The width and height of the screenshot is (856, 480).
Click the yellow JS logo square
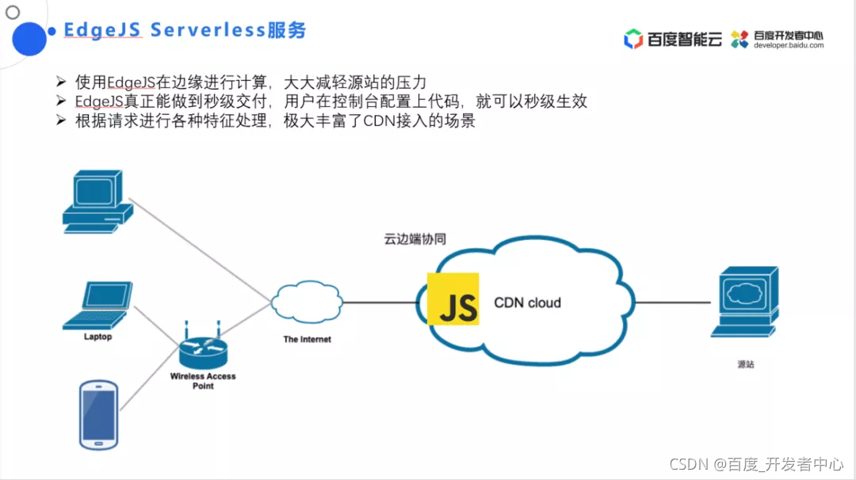(453, 299)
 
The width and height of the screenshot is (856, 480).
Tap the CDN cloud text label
(527, 303)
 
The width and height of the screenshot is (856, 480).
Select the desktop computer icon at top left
(98, 201)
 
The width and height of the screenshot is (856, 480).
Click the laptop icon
(97, 306)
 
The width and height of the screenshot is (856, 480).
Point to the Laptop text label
(97, 337)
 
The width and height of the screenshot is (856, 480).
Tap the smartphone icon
(99, 414)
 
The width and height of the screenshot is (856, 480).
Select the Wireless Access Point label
(203, 381)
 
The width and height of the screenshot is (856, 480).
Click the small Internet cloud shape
(307, 302)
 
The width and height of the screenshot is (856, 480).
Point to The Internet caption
(307, 339)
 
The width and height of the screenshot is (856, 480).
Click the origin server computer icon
(745, 302)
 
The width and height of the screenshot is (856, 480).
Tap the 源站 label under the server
(746, 364)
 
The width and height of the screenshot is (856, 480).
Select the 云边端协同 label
(415, 239)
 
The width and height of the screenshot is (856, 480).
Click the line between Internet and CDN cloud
(380, 303)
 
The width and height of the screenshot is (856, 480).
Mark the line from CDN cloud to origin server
(673, 303)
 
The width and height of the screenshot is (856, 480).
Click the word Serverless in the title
(208, 30)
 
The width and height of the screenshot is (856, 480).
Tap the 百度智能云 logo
(673, 39)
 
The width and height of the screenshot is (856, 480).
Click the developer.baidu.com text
(789, 46)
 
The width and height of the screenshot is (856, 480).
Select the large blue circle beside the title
(29, 39)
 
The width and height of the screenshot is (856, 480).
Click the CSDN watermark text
(757, 464)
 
